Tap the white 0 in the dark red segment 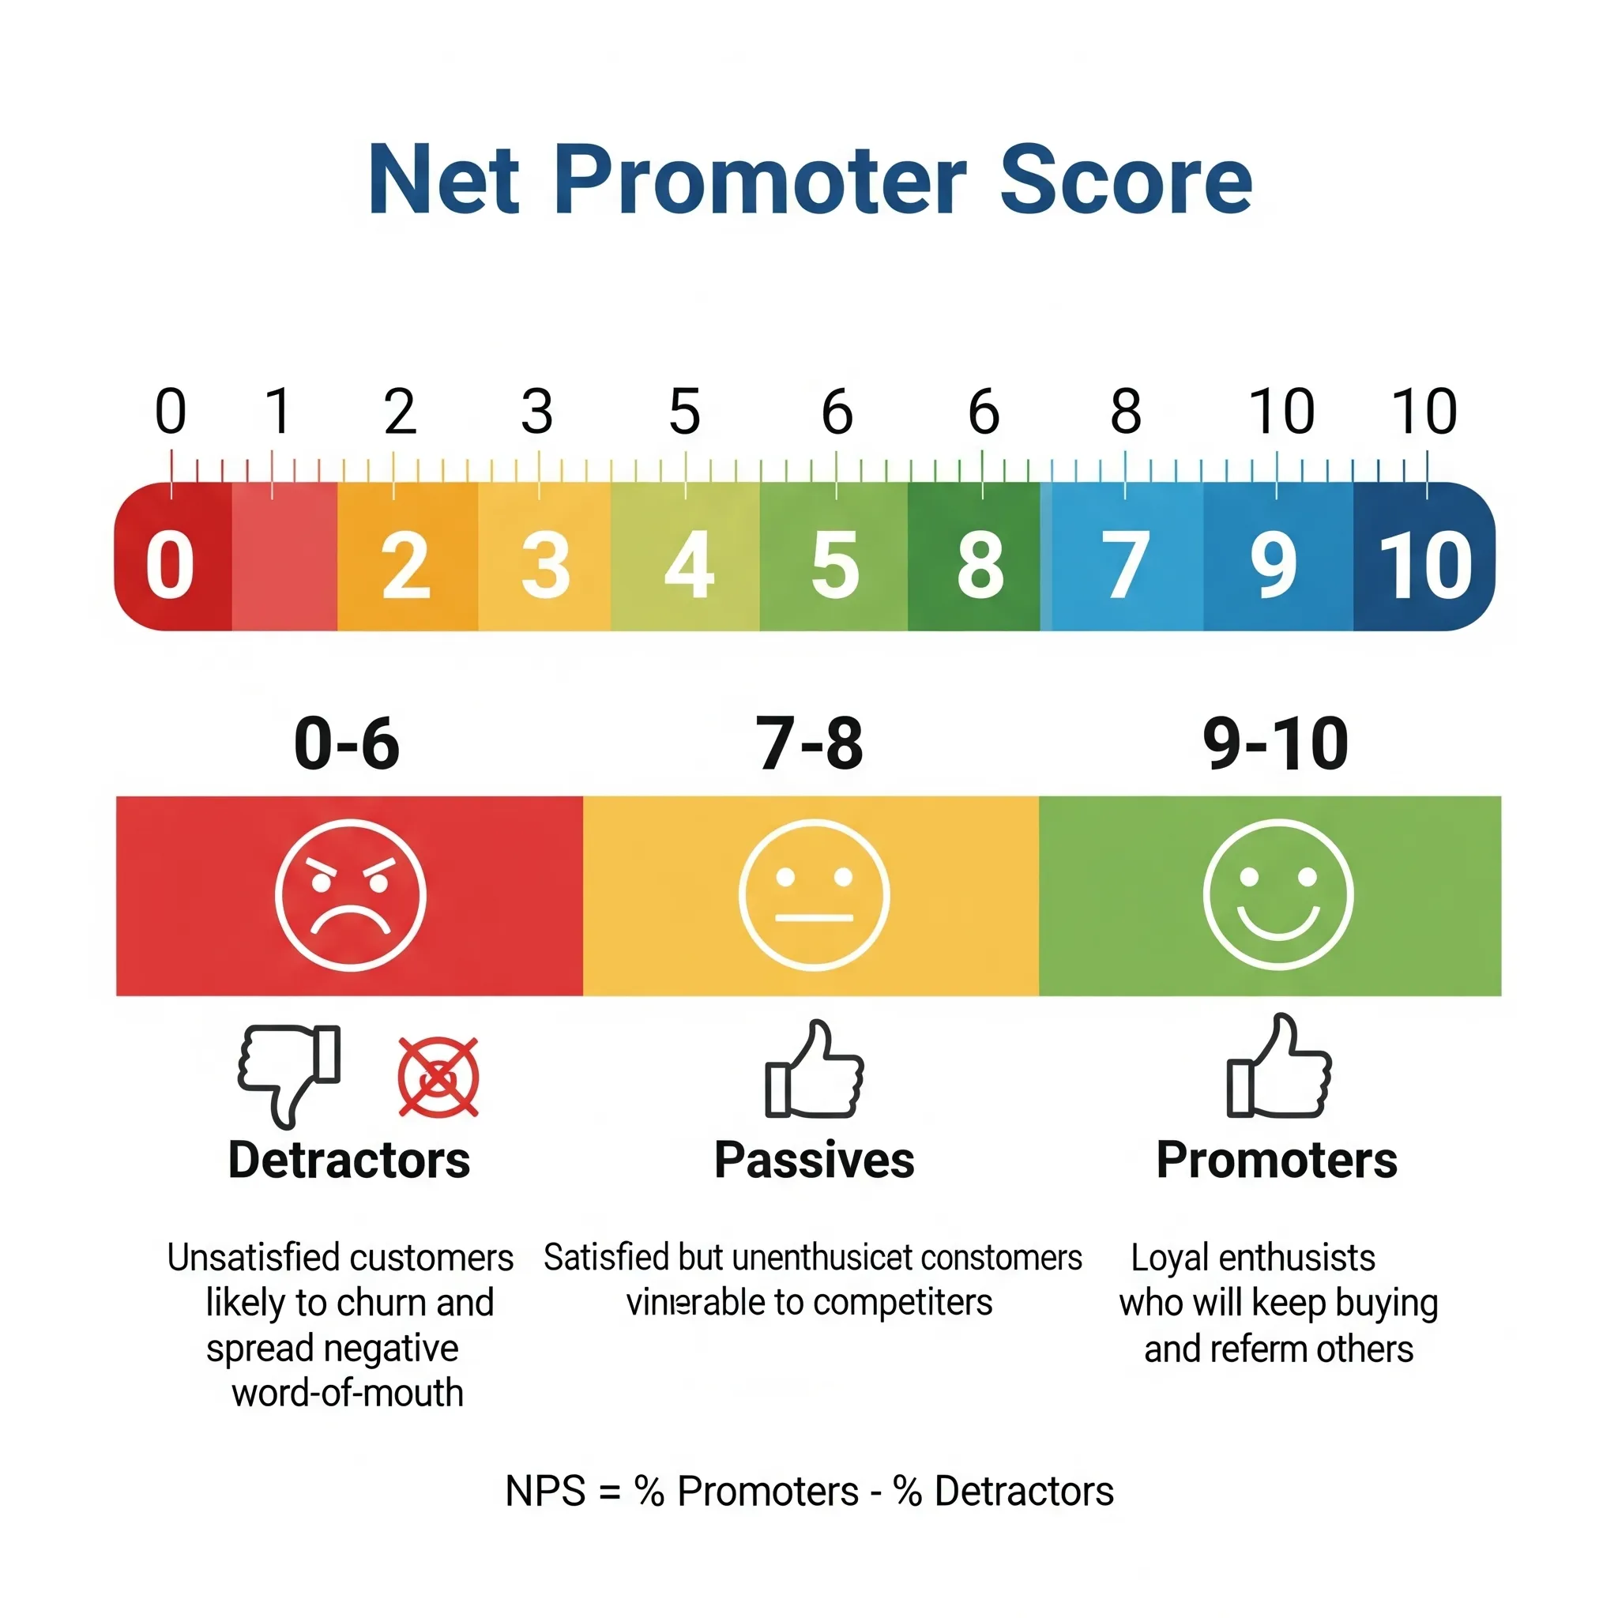point(170,567)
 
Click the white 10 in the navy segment point(1425,567)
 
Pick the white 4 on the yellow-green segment point(688,567)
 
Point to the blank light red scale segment point(284,558)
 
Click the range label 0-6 point(347,743)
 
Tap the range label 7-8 point(809,743)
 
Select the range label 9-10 point(1274,743)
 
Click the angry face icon point(350,896)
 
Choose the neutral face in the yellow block point(814,896)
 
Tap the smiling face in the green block point(1277,896)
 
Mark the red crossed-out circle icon point(438,1077)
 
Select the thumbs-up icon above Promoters point(1278,1069)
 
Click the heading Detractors point(349,1161)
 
